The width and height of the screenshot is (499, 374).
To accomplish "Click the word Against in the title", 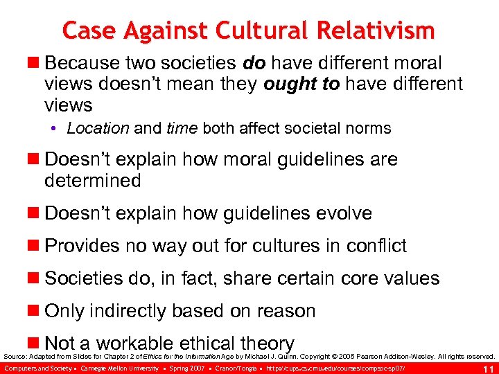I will tap(168, 30).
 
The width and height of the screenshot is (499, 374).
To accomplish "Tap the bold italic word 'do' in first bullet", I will tap(254, 63).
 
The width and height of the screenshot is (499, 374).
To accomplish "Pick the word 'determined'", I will tap(92, 181).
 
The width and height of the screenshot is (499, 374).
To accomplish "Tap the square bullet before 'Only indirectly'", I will tap(35, 312).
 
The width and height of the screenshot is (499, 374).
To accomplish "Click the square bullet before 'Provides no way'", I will tap(35, 247).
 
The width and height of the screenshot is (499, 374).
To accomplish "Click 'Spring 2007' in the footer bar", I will tap(184, 367).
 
